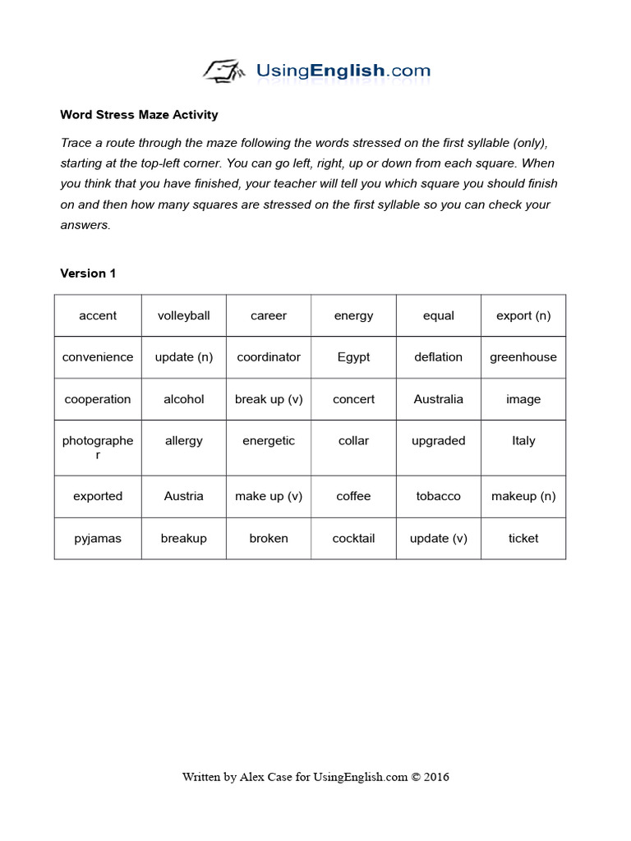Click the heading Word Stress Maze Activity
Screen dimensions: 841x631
tap(139, 115)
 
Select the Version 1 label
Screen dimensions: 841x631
tap(88, 273)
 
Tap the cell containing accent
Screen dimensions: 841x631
tap(98, 316)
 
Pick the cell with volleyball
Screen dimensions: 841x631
tap(183, 316)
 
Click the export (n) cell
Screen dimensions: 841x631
tap(523, 316)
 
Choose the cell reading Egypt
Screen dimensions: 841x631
tap(353, 357)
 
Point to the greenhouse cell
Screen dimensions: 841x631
tap(523, 357)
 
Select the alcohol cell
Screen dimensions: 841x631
tap(183, 399)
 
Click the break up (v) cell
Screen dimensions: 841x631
tap(269, 399)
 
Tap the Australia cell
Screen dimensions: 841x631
tap(438, 399)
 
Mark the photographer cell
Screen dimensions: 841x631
tap(98, 448)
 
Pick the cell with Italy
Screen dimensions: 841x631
tap(523, 441)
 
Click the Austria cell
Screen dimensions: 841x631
tap(183, 496)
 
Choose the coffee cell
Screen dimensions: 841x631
tap(353, 496)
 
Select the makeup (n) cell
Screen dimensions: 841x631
tap(523, 496)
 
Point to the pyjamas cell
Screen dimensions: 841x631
tap(98, 539)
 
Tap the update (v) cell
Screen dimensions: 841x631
tap(438, 539)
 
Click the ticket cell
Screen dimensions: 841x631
tap(523, 539)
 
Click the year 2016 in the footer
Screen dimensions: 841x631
tap(435, 777)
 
